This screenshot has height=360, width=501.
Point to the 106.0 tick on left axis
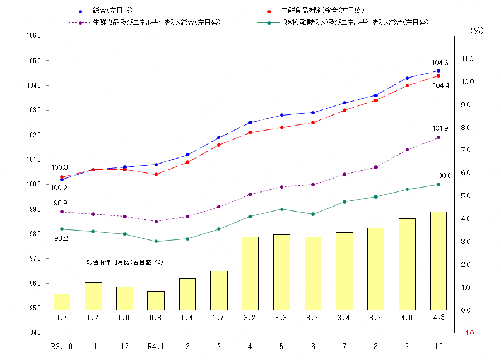(x=34, y=36)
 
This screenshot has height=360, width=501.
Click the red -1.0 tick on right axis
(x=466, y=333)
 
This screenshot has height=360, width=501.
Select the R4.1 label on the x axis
(x=156, y=347)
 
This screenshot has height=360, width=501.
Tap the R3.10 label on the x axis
(x=61, y=347)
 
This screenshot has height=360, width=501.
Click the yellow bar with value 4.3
(x=438, y=261)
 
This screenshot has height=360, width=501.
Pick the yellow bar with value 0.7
(x=61, y=301)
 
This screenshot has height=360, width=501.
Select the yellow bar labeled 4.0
(x=407, y=264)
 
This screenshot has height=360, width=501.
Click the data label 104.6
(x=440, y=63)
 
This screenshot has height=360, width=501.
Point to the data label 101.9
(x=440, y=128)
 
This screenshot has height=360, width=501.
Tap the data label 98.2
(x=61, y=238)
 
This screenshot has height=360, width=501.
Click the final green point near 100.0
(x=438, y=184)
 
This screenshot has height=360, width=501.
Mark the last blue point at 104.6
(x=438, y=71)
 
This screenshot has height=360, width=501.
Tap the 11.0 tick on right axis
(x=467, y=59)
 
